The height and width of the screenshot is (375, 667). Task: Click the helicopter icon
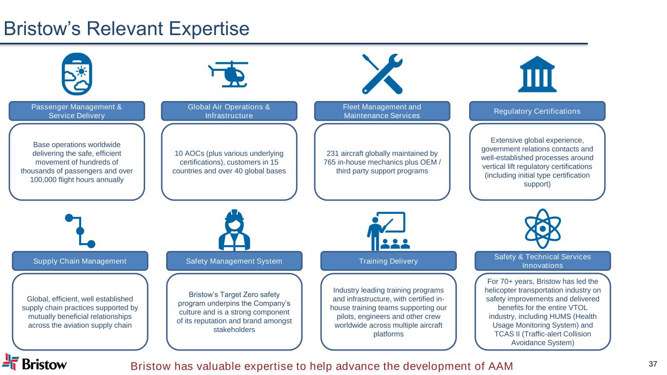click(229, 74)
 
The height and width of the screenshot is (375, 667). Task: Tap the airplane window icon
click(77, 74)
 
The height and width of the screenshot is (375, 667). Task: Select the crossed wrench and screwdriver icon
click(382, 74)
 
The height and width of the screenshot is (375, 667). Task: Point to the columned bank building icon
click(537, 74)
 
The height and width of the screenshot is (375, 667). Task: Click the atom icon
click(542, 229)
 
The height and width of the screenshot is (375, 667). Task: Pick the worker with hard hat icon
click(235, 230)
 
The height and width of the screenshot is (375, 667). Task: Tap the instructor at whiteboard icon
click(388, 231)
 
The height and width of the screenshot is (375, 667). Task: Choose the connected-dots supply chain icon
click(80, 231)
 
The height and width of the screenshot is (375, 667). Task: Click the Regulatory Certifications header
click(537, 111)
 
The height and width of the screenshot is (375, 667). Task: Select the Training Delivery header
click(388, 261)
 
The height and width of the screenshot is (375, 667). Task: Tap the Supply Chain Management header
click(80, 261)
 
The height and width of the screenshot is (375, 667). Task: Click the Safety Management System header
click(234, 261)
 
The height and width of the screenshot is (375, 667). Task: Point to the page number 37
click(653, 364)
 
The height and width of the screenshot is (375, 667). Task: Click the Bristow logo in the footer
click(35, 362)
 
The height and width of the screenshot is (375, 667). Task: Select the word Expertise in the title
click(209, 29)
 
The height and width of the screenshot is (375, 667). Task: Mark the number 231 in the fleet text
click(333, 153)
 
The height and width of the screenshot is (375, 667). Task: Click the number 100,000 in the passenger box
click(43, 180)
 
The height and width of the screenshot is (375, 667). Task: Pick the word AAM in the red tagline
click(500, 366)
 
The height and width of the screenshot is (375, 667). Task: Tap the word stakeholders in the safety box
click(234, 330)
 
